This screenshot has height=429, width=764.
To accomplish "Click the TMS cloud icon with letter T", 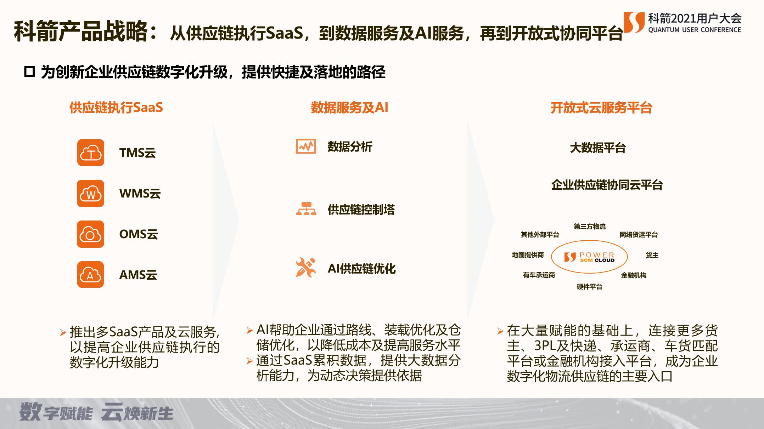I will [x=91, y=153].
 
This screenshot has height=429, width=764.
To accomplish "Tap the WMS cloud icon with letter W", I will [x=91, y=193].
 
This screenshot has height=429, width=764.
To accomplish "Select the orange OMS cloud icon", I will [x=91, y=234].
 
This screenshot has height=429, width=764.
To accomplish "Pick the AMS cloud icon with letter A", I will [x=91, y=275].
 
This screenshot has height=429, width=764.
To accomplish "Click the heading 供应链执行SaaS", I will [x=116, y=108].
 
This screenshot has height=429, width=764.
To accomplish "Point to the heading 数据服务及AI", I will [x=349, y=108].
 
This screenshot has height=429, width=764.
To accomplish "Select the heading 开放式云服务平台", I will [x=601, y=108].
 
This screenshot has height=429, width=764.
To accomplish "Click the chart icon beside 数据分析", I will [x=305, y=146].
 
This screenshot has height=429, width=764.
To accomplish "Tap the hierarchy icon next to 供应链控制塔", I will [x=306, y=209].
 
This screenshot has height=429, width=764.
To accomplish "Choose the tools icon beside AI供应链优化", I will [x=305, y=268].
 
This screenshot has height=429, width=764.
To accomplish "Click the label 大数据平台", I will [x=597, y=148].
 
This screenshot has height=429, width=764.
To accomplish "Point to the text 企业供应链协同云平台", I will [x=607, y=185].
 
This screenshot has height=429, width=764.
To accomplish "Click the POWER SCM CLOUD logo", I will [x=589, y=257].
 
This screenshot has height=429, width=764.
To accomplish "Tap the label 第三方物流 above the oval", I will [x=590, y=227].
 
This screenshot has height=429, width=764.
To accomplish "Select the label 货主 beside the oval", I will [x=652, y=255].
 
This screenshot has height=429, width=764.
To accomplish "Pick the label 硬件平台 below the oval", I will [x=589, y=287].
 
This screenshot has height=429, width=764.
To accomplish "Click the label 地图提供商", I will [x=528, y=255].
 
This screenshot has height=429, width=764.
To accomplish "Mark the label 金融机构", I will [x=634, y=275].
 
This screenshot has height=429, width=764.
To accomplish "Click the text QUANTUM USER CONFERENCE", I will [x=695, y=30].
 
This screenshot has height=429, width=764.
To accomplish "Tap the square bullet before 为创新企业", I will [x=29, y=72].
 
